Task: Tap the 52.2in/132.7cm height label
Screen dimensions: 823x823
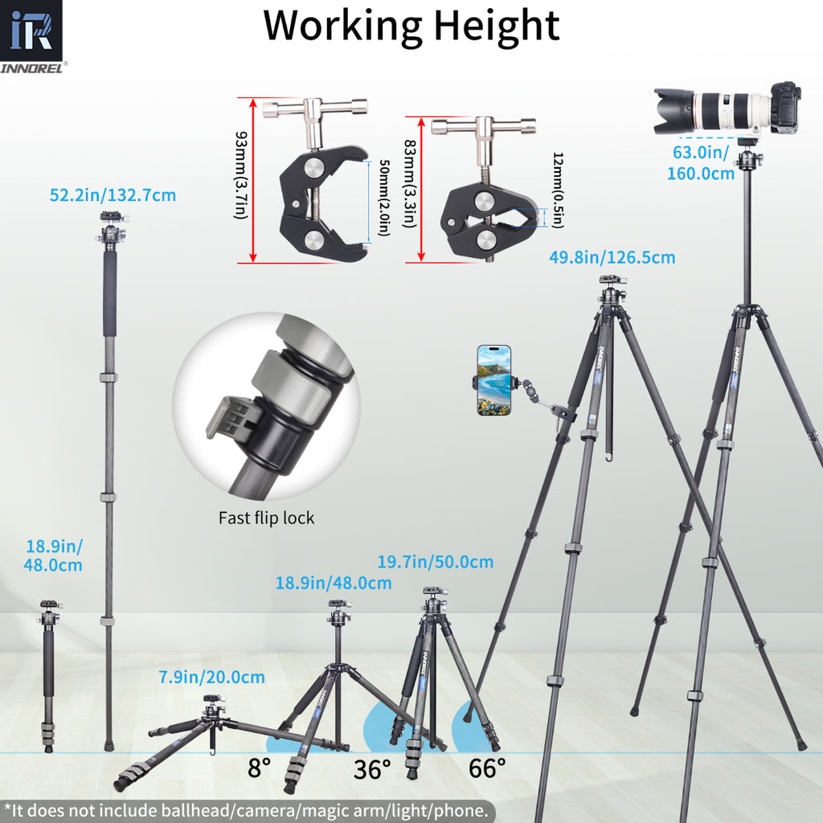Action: (113, 194)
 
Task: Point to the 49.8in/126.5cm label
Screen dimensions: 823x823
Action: (612, 258)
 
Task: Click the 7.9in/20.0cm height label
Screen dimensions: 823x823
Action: (211, 677)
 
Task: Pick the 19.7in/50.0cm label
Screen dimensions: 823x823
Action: (436, 561)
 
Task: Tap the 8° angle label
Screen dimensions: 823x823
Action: (258, 768)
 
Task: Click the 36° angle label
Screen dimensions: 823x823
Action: (373, 769)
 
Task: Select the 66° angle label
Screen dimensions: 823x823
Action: (488, 768)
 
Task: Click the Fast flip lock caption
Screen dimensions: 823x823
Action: (266, 518)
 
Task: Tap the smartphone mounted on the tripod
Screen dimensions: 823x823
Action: (493, 380)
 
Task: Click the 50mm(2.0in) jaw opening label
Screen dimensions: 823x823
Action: (383, 199)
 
